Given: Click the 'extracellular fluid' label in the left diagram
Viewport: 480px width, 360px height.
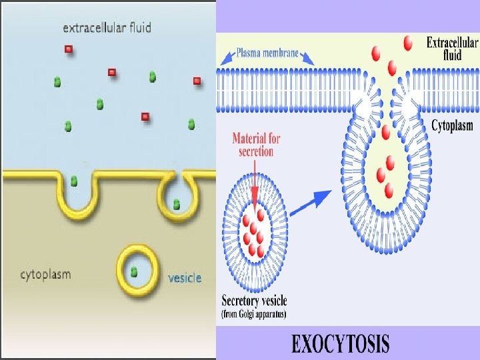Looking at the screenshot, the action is click(x=107, y=28).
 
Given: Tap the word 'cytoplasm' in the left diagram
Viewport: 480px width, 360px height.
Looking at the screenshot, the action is click(x=45, y=274).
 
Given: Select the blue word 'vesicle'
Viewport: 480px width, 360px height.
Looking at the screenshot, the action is click(x=185, y=277).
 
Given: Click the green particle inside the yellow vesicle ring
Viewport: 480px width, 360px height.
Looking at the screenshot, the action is click(x=134, y=271).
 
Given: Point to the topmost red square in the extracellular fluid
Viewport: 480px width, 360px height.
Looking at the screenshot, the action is click(x=68, y=49).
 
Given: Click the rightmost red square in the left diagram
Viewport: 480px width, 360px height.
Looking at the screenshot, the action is click(x=197, y=81).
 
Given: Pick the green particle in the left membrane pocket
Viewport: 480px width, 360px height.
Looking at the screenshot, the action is click(x=74, y=181).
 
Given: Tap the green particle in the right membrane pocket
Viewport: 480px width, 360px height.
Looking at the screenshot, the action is click(x=176, y=204).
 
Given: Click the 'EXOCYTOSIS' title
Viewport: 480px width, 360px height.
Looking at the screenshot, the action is click(x=340, y=344).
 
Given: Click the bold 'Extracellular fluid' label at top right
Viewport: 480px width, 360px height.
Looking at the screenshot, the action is click(x=452, y=48).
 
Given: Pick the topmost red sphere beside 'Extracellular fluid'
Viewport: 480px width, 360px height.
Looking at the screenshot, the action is click(x=407, y=43).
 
